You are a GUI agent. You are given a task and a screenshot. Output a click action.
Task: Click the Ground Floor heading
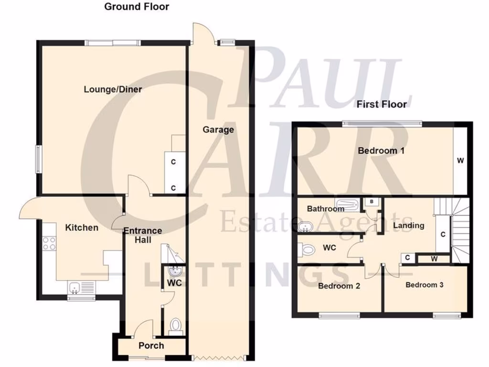pos(137,7)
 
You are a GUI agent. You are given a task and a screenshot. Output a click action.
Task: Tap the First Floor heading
pos(381,104)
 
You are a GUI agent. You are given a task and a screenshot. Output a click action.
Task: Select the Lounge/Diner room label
pos(113,89)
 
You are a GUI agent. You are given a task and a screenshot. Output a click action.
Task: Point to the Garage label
pos(218,130)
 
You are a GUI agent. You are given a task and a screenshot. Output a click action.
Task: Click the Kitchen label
pos(82,227)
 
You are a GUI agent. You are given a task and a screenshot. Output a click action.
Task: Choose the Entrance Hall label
pos(142,235)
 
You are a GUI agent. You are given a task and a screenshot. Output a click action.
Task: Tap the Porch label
pos(151,345)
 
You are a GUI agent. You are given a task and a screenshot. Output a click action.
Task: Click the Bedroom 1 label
pos(382,151)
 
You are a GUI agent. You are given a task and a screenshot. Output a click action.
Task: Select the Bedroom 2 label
pos(339,286)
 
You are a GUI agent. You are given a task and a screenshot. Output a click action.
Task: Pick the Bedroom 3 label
pos(425,285)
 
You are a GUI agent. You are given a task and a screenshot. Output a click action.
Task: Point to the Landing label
pos(408,226)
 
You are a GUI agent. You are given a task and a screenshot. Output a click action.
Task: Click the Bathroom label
pos(325,209)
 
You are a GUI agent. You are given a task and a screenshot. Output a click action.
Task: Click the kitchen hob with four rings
pos(49,243)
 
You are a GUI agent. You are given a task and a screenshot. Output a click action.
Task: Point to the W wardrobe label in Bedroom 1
pos(460,161)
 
